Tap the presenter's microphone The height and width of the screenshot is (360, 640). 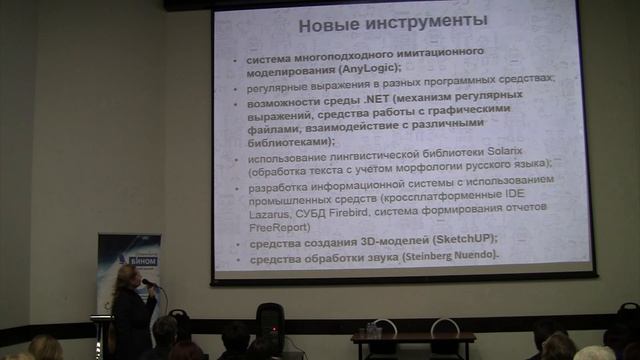click(x=148, y=283)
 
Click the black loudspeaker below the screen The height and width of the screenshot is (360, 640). click(x=271, y=324)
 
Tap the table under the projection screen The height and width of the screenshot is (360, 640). click(x=413, y=339)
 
